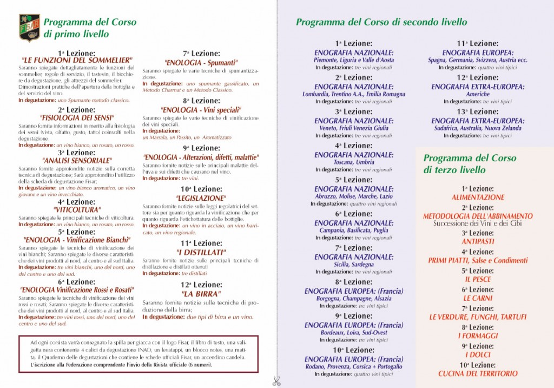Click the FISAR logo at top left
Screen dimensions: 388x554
point(29,28)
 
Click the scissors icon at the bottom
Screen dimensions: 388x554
point(276,381)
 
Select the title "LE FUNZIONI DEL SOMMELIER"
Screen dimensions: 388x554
point(76,60)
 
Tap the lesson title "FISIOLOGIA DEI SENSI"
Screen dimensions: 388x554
point(76,117)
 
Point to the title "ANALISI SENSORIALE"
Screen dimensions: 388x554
point(76,160)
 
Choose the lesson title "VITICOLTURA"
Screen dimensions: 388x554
point(76,209)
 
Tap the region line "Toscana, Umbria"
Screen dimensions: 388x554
point(354,162)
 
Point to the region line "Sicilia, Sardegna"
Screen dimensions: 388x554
point(354,265)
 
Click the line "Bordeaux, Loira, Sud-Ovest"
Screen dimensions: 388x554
point(354,333)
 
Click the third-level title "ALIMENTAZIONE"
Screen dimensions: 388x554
point(478,198)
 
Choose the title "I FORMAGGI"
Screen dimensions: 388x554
point(478,336)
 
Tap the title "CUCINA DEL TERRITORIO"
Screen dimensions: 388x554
point(478,373)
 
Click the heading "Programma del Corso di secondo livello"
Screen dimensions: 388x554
point(381,22)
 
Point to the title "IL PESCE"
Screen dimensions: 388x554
point(478,279)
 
